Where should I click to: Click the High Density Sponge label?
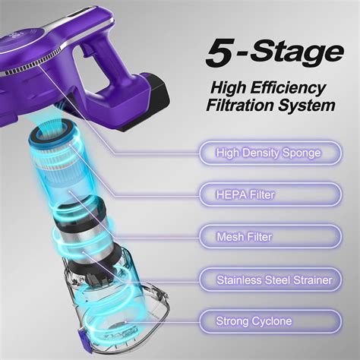[267, 153]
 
